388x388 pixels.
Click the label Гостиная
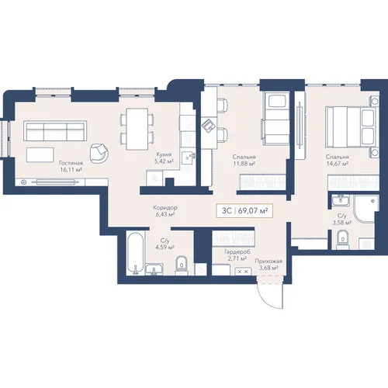click(71, 163)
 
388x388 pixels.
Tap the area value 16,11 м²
click(71, 170)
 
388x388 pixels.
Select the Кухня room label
click(164, 154)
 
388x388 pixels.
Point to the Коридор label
click(165, 208)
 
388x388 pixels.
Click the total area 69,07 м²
click(253, 211)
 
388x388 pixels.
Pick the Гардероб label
click(237, 251)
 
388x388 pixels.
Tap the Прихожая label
click(268, 262)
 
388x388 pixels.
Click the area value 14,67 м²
click(337, 164)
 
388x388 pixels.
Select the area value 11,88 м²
click(244, 164)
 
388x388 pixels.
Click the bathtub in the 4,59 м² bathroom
click(135, 253)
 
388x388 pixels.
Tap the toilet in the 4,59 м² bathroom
click(182, 265)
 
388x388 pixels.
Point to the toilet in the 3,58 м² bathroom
click(343, 239)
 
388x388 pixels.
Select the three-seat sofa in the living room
click(55, 130)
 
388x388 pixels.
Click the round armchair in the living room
click(99, 154)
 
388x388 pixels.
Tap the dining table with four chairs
click(137, 129)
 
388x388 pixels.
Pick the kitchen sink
click(188, 158)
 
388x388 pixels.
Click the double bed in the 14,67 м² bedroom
click(352, 127)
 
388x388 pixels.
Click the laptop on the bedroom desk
click(209, 125)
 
